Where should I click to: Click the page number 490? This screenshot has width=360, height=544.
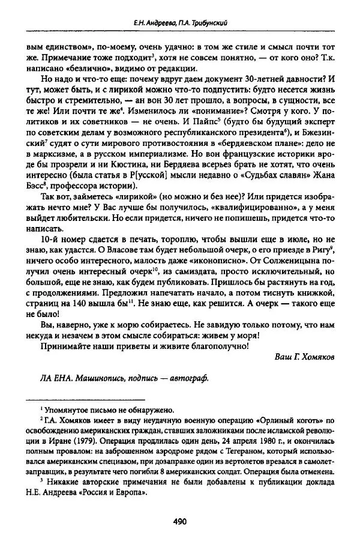[180, 521]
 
